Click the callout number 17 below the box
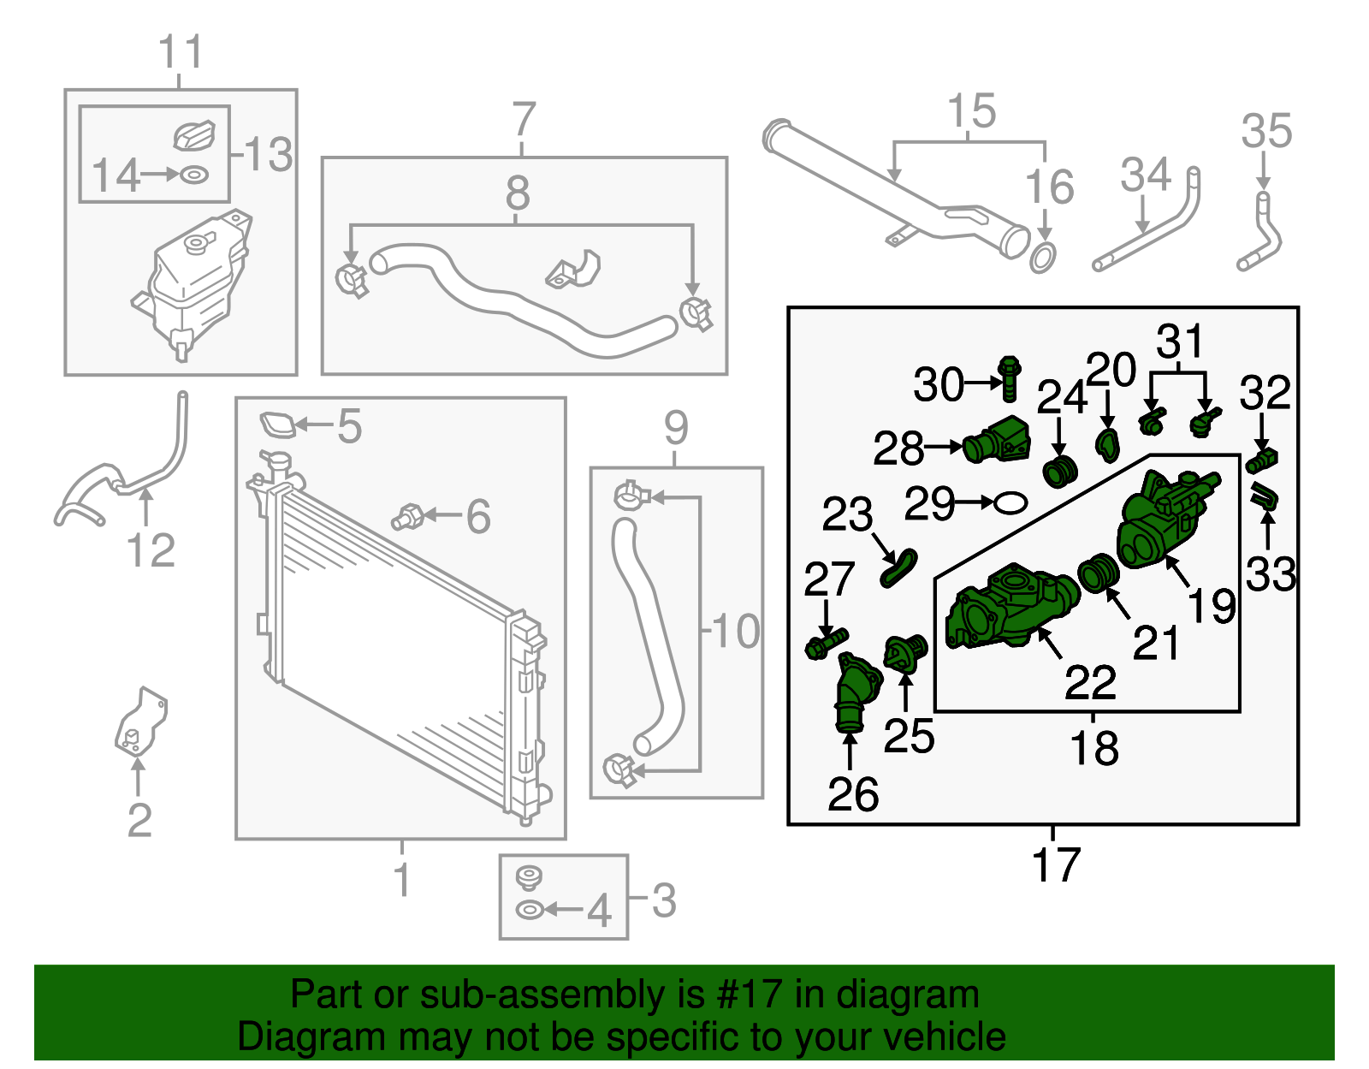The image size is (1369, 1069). pyautogui.click(x=1056, y=864)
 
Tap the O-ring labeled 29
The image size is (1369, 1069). pyautogui.click(x=1010, y=503)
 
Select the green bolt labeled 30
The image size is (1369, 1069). pyautogui.click(x=1010, y=379)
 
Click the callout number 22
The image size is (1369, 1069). pyautogui.click(x=1090, y=682)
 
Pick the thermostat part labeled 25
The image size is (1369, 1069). pyautogui.click(x=904, y=656)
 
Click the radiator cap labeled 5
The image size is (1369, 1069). pyautogui.click(x=277, y=425)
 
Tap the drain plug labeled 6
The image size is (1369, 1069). pyautogui.click(x=408, y=517)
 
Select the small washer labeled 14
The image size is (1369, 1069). pyautogui.click(x=194, y=175)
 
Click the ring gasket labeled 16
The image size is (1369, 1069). pyautogui.click(x=1042, y=257)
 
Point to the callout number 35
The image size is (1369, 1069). pyautogui.click(x=1266, y=132)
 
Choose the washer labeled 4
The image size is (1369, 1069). pyautogui.click(x=530, y=910)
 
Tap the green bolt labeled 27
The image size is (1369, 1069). pyautogui.click(x=826, y=644)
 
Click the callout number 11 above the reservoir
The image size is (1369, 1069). pyautogui.click(x=181, y=52)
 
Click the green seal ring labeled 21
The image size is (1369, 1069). pyautogui.click(x=1099, y=573)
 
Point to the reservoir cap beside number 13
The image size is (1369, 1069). pyautogui.click(x=195, y=135)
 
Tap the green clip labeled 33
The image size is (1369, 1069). pyautogui.click(x=1265, y=496)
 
